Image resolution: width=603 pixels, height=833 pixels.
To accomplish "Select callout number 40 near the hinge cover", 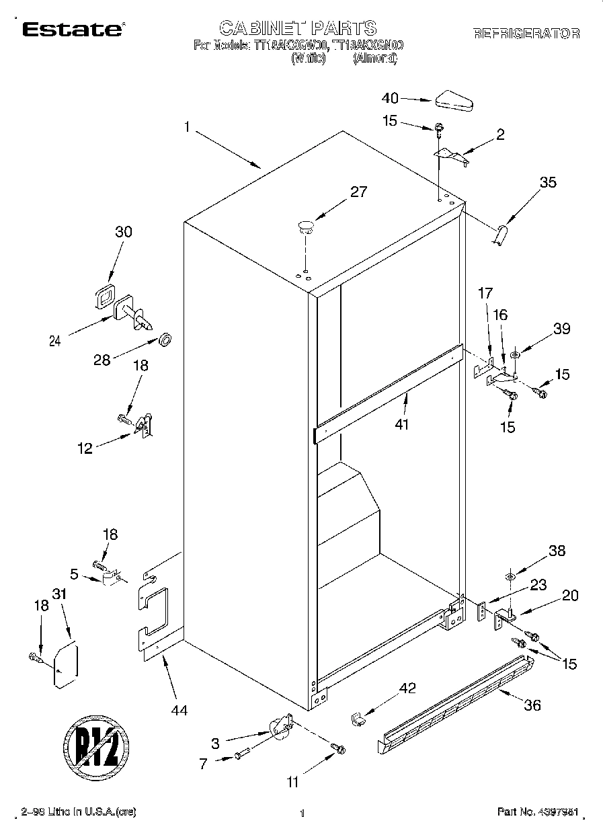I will click(391, 98).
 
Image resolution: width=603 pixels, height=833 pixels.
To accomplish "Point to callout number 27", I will click(358, 192).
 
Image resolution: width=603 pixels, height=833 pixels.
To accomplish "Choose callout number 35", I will click(548, 182).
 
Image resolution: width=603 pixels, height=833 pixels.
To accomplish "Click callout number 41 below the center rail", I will click(402, 424).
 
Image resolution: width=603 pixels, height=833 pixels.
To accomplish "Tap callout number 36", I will click(532, 705).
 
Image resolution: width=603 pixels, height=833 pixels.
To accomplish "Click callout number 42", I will click(407, 688).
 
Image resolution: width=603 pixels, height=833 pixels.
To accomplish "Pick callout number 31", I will click(61, 595).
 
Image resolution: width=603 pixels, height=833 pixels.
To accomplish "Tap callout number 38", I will click(557, 551).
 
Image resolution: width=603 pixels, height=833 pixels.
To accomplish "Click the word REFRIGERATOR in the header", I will click(526, 33).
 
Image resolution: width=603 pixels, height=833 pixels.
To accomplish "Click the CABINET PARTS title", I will click(298, 28).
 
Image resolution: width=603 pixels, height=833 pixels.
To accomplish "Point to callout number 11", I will click(293, 782).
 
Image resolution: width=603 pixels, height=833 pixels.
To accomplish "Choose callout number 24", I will click(55, 342).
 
